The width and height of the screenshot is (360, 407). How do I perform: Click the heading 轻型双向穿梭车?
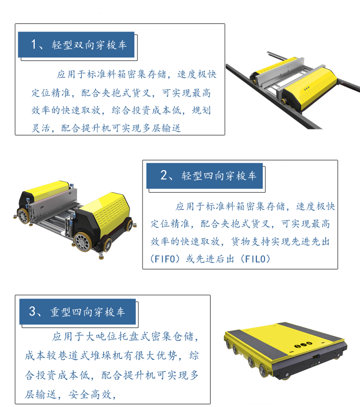click(89, 45)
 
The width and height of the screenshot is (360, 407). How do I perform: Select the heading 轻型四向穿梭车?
click(219, 176)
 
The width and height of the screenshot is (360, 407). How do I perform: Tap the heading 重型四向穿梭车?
click(87, 312)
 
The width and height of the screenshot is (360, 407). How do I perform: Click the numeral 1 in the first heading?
click(34, 44)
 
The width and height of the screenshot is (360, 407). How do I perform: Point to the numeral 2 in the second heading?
click(164, 175)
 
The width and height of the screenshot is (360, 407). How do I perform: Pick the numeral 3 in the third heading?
click(32, 311)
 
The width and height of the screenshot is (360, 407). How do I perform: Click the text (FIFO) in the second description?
click(165, 259)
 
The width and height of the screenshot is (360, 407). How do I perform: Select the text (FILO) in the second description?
click(255, 259)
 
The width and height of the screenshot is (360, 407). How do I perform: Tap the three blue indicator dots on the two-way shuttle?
click(307, 88)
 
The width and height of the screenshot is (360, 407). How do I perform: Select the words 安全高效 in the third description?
click(90, 395)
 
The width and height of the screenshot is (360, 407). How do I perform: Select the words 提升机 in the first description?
click(96, 128)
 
